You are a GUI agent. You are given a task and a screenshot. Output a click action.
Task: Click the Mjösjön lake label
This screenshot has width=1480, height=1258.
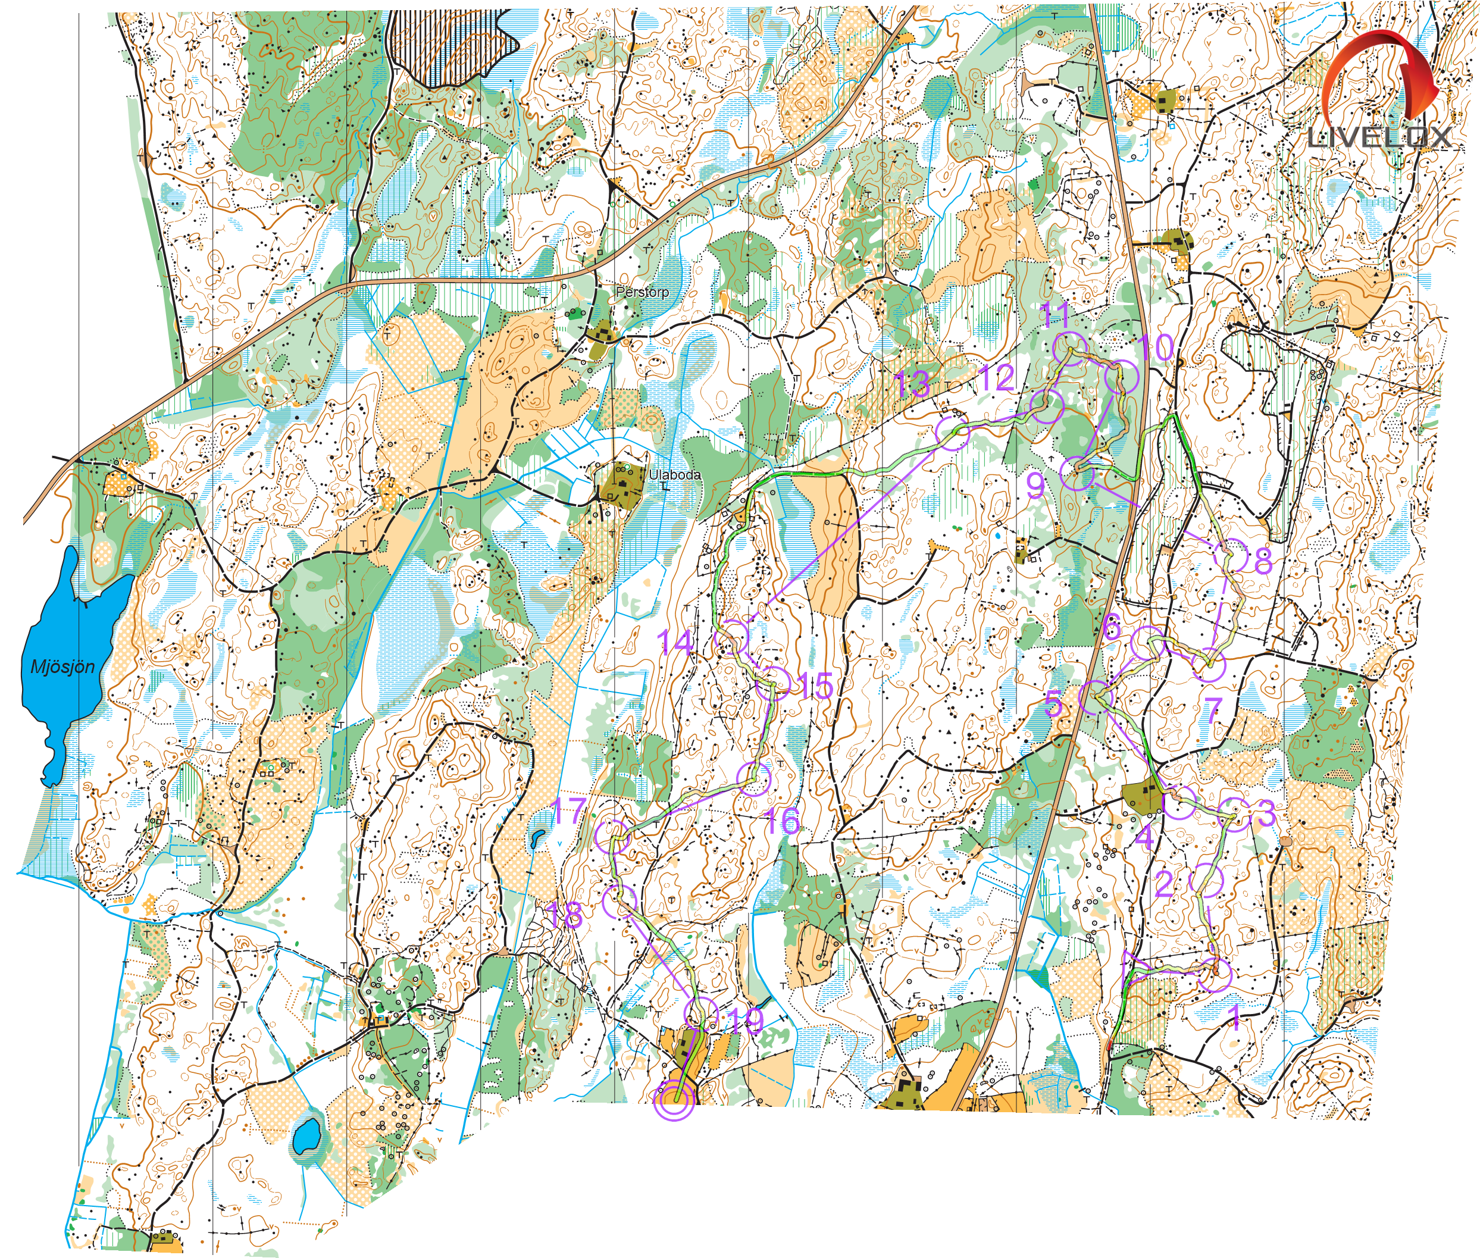click(62, 667)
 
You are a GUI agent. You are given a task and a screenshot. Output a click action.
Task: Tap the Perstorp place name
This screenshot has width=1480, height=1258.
click(642, 292)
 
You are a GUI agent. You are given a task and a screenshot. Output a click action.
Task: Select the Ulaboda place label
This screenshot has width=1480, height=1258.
click(675, 474)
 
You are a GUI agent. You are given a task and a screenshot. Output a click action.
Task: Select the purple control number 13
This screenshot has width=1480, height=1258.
click(913, 384)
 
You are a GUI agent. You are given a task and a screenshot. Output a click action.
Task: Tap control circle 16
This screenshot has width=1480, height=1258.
click(755, 779)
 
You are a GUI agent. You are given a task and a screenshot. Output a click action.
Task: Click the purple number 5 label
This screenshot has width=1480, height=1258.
click(1053, 705)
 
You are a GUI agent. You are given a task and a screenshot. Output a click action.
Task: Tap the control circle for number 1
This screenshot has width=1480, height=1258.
click(1215, 975)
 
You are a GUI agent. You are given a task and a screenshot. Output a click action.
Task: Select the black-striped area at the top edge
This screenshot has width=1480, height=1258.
click(456, 43)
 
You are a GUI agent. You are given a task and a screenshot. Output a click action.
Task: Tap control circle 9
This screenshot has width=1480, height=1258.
click(1078, 474)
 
